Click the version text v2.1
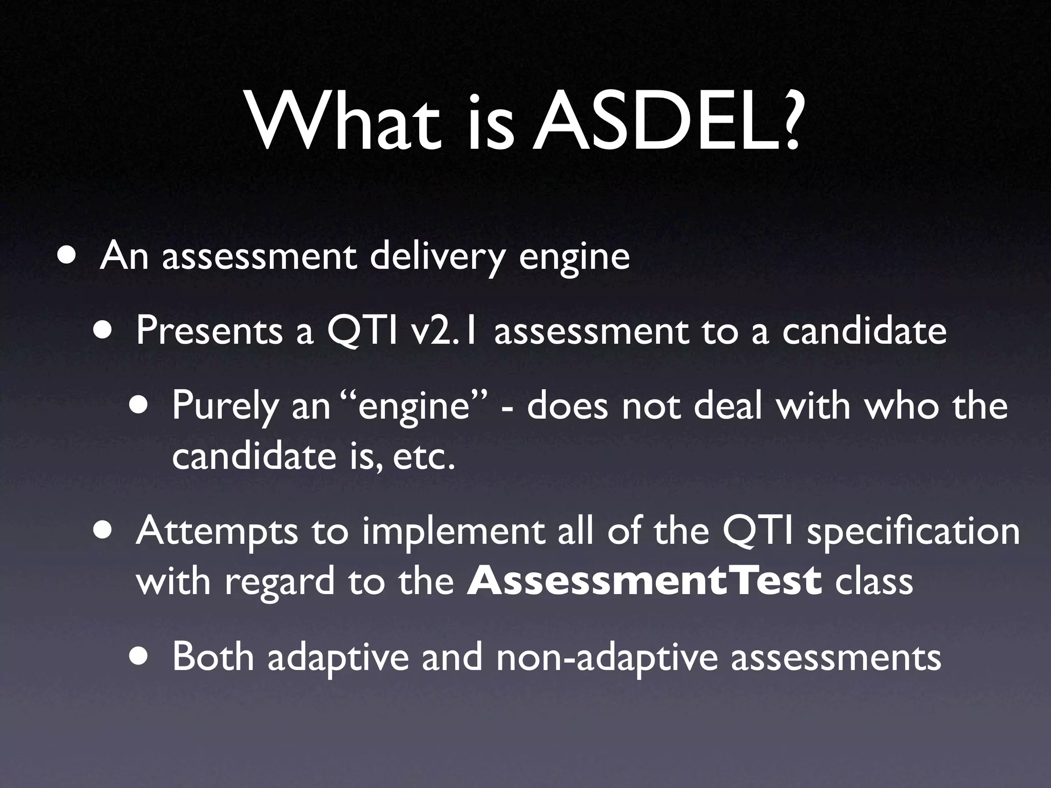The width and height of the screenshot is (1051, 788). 446,331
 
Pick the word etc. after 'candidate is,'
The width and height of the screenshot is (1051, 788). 424,456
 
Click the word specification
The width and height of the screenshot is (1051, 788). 914,531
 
